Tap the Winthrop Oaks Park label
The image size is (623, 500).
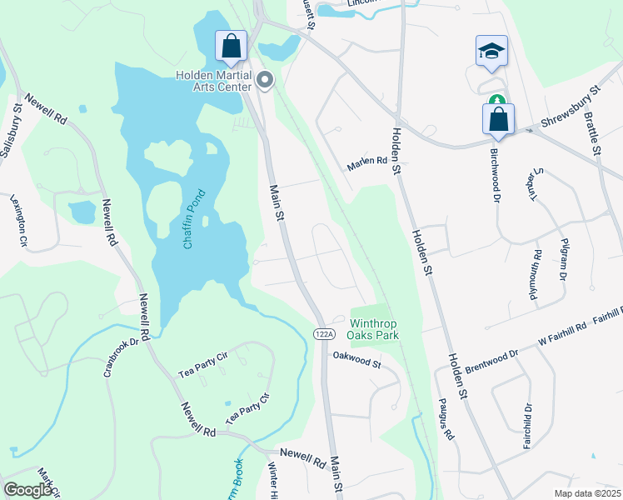[x=374, y=329]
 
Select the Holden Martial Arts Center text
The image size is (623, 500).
[x=213, y=81]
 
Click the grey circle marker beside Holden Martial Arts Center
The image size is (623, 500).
[x=266, y=80]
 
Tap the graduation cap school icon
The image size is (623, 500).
[x=491, y=51]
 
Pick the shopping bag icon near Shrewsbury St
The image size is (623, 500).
[x=498, y=119]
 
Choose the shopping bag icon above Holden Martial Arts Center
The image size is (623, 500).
[x=231, y=46]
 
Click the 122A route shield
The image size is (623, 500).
[x=323, y=333]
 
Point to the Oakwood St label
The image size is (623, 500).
[x=356, y=359]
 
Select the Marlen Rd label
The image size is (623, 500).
[x=367, y=162]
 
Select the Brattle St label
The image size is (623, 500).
[x=593, y=133]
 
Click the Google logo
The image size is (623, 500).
[x=28, y=490]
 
